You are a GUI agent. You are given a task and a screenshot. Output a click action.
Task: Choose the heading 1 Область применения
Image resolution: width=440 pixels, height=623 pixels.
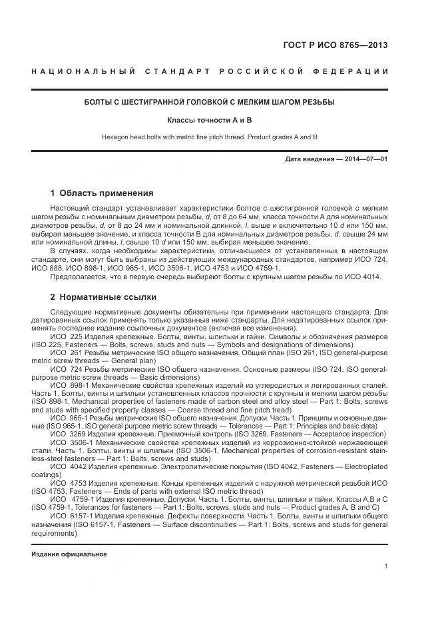[101, 193]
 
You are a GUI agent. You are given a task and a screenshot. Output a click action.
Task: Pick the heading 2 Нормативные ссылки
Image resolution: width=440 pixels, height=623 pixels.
[103, 297]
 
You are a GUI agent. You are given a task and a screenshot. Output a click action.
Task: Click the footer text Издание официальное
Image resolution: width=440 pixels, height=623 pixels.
[69, 554]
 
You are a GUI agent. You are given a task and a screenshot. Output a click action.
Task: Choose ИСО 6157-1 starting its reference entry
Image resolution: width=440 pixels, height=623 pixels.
[69, 516]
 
